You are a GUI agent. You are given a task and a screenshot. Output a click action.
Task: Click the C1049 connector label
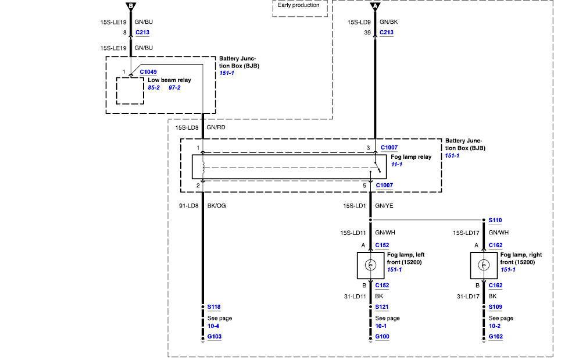click(148, 72)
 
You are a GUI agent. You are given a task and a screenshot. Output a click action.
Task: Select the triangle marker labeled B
click(131, 6)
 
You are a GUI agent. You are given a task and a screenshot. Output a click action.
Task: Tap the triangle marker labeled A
click(375, 6)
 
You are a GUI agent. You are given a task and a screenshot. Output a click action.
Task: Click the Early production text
click(298, 5)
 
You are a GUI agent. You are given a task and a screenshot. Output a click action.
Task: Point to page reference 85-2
click(153, 88)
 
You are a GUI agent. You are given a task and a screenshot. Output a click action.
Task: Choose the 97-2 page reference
click(174, 88)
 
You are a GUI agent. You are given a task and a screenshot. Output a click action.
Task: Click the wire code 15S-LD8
click(187, 127)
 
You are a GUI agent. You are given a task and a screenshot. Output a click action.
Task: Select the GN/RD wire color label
click(216, 127)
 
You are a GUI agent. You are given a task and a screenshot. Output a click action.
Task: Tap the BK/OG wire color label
click(216, 205)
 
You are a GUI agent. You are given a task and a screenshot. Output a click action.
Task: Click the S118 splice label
click(214, 306)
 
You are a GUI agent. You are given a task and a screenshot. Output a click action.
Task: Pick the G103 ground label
click(214, 336)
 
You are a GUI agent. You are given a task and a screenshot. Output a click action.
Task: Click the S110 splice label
click(495, 220)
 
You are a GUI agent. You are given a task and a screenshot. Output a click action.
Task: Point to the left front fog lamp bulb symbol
click(370, 265)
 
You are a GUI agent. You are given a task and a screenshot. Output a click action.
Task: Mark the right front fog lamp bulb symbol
click(484, 265)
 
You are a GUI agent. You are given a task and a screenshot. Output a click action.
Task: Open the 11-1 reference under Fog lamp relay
click(396, 164)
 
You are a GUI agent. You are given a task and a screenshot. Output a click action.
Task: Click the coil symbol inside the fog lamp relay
click(203, 167)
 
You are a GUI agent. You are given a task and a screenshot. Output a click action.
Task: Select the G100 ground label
click(382, 336)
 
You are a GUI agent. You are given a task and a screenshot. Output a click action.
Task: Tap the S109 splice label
click(495, 306)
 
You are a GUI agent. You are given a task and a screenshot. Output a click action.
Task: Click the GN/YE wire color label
click(384, 205)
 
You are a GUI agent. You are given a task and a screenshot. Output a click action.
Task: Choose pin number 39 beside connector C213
click(367, 33)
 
